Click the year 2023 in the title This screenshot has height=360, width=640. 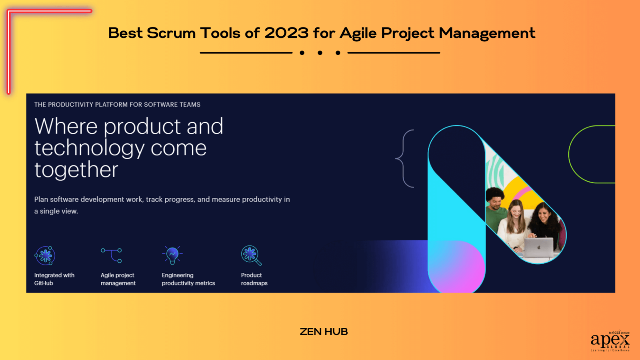pyautogui.click(x=286, y=33)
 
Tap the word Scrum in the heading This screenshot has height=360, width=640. pyautogui.click(x=171, y=33)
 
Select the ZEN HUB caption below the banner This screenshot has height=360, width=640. pyautogui.click(x=324, y=332)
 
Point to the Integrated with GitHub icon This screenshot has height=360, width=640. pyautogui.click(x=45, y=255)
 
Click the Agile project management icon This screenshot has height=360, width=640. pyautogui.click(x=112, y=255)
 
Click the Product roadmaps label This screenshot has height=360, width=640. pyautogui.click(x=254, y=279)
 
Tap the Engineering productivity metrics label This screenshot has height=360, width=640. pyautogui.click(x=188, y=279)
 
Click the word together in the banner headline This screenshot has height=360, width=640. pyautogui.click(x=76, y=170)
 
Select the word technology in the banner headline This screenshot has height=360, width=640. pyautogui.click(x=90, y=148)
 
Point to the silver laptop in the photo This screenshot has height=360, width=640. pyautogui.click(x=538, y=248)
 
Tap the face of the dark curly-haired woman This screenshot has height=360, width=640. pyautogui.click(x=544, y=214)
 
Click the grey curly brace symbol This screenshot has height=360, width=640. pyautogui.click(x=404, y=158)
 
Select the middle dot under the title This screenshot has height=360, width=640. pyautogui.click(x=320, y=53)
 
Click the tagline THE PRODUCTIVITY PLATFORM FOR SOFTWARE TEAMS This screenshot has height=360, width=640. pyautogui.click(x=117, y=105)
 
